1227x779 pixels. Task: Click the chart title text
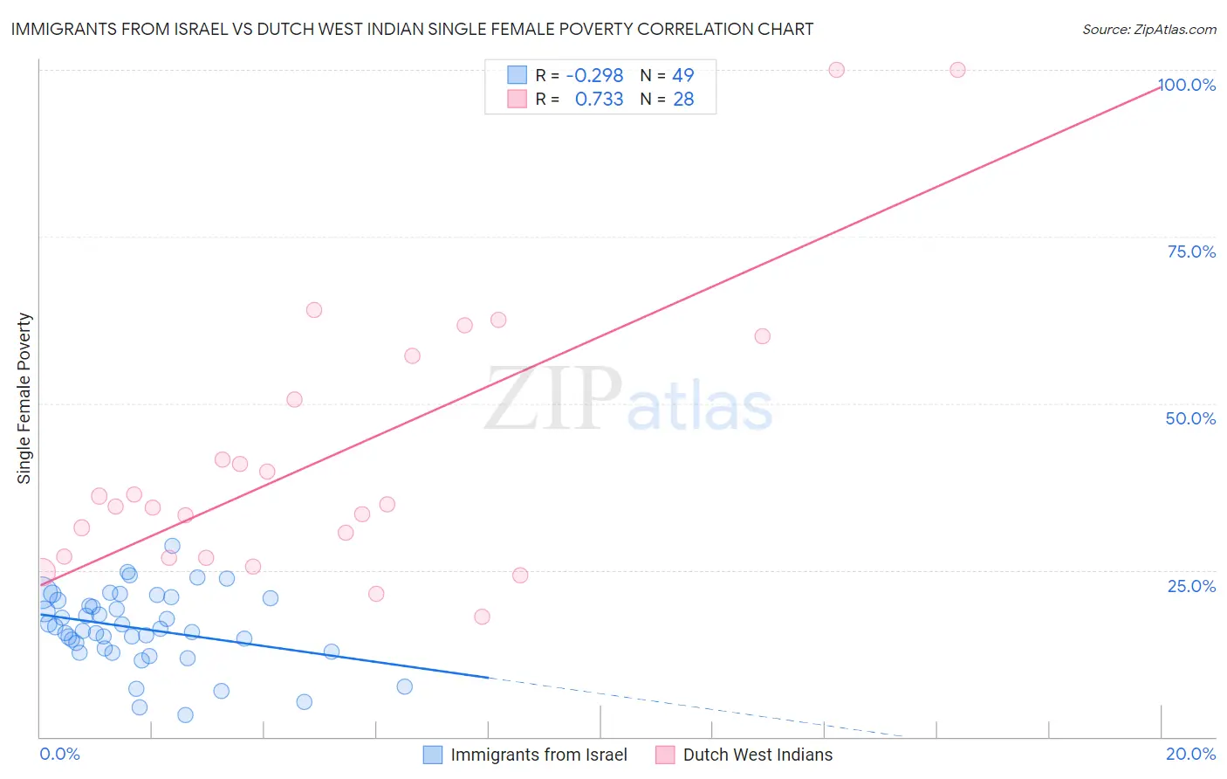412,30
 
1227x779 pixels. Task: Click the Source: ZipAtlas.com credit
1148,30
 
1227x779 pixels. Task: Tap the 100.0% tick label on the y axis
1187,85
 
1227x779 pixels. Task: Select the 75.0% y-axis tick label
1191,252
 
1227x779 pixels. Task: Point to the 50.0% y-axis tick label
1190,418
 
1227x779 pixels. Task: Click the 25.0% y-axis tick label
1191,586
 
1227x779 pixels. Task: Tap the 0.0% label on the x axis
59,754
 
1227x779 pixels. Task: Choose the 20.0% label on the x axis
1190,754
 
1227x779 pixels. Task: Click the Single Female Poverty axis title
24,398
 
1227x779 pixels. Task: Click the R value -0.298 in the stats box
594,76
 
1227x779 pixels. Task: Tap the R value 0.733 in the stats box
599,100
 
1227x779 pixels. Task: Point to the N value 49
682,76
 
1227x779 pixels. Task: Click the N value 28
683,100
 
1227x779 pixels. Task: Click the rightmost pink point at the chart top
957,70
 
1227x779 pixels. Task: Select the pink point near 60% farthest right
762,336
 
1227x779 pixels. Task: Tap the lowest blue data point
185,715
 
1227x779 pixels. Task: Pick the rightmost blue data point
404,686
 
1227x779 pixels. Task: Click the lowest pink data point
482,617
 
